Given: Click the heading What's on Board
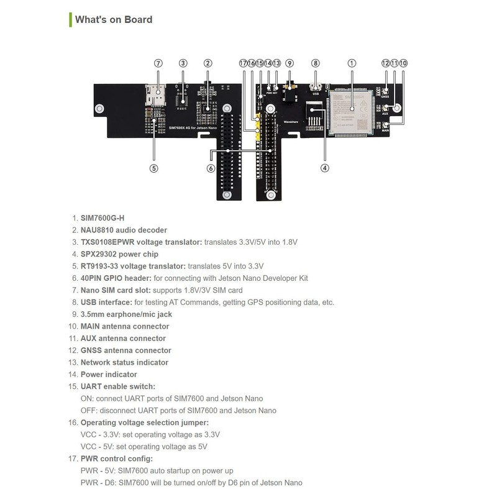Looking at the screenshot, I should pyautogui.click(x=114, y=19).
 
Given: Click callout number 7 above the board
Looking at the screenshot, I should pyautogui.click(x=158, y=63).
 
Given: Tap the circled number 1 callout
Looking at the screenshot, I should pyautogui.click(x=352, y=63).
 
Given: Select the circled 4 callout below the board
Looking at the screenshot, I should pyautogui.click(x=324, y=167).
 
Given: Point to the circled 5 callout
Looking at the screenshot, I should pyautogui.click(x=154, y=167).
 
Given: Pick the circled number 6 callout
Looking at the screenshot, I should pyautogui.click(x=211, y=167).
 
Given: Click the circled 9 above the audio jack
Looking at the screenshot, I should pyautogui.click(x=290, y=63).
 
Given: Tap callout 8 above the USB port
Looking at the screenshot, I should pyautogui.click(x=316, y=63).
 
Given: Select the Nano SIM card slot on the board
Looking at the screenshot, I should pyautogui.click(x=154, y=93).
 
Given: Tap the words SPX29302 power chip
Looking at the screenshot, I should pyautogui.click(x=119, y=254).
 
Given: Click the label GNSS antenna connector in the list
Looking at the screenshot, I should pyautogui.click(x=125, y=350).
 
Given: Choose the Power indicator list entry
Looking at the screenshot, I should pyautogui.click(x=109, y=375).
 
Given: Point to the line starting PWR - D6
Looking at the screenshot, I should pyautogui.click(x=191, y=483).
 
